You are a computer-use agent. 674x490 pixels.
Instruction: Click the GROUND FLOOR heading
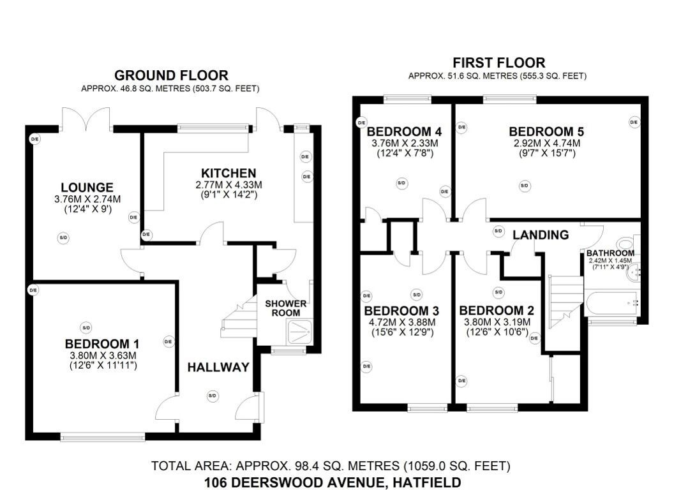click(170, 75)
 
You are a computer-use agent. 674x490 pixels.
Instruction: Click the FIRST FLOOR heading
click(498, 63)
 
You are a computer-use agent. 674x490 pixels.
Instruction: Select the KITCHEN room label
click(228, 173)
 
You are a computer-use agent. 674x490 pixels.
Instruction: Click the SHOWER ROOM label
click(286, 308)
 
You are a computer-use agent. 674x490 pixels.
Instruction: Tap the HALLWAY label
click(218, 367)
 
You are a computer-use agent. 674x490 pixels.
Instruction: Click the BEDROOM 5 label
click(546, 131)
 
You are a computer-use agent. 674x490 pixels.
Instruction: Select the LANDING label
click(541, 235)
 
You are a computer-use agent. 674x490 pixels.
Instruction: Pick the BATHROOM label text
click(610, 253)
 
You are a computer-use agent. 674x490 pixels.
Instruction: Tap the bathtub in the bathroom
click(611, 302)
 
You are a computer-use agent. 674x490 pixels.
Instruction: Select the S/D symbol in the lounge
click(63, 238)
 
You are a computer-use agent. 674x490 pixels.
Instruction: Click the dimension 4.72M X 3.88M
click(401, 322)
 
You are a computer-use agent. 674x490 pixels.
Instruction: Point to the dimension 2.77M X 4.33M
click(228, 184)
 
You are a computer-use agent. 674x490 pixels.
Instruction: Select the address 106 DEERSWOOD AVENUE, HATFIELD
click(332, 482)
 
